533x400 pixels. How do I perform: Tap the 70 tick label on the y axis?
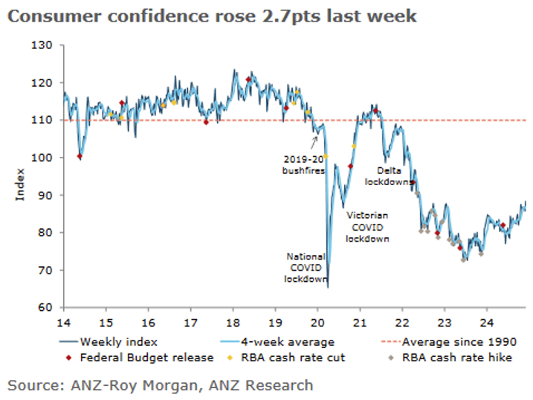coord(47,270)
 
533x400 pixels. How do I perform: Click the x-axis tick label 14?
coord(64,323)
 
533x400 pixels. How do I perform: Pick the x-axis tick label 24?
coord(486,323)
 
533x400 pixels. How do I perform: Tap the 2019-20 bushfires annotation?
coord(303,164)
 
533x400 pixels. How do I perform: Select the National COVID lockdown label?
coord(306,268)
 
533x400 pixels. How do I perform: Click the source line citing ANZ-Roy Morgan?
coord(161,385)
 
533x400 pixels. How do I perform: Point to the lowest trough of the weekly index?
coord(328,286)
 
